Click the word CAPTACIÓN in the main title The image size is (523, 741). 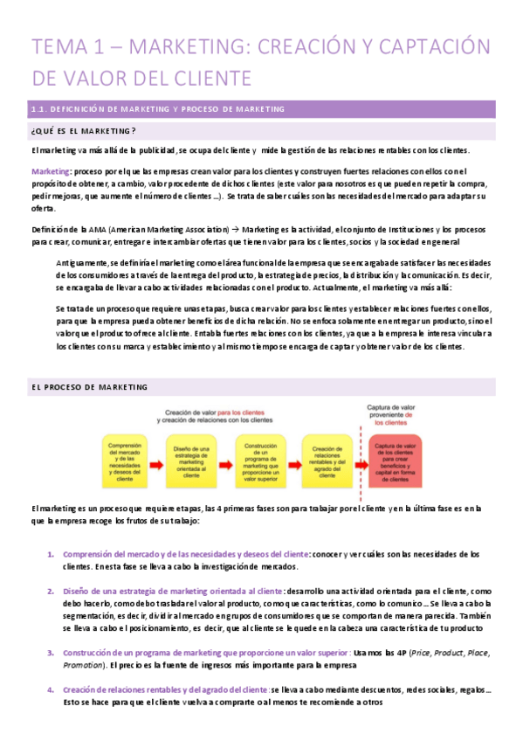coord(435,46)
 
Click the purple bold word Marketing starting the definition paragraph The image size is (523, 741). coord(51,170)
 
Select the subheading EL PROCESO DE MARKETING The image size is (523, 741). coord(90,387)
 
